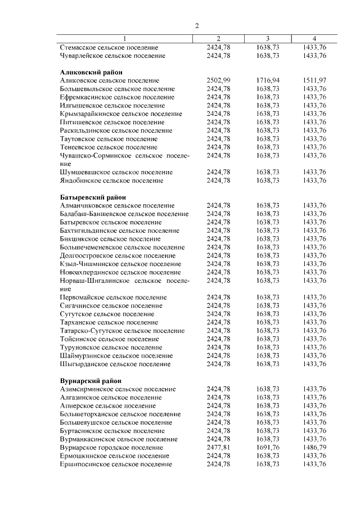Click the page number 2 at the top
(197, 26)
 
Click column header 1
(124, 38)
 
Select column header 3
(268, 38)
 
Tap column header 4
(314, 38)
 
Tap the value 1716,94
(268, 81)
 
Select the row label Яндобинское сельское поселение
(111, 181)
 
